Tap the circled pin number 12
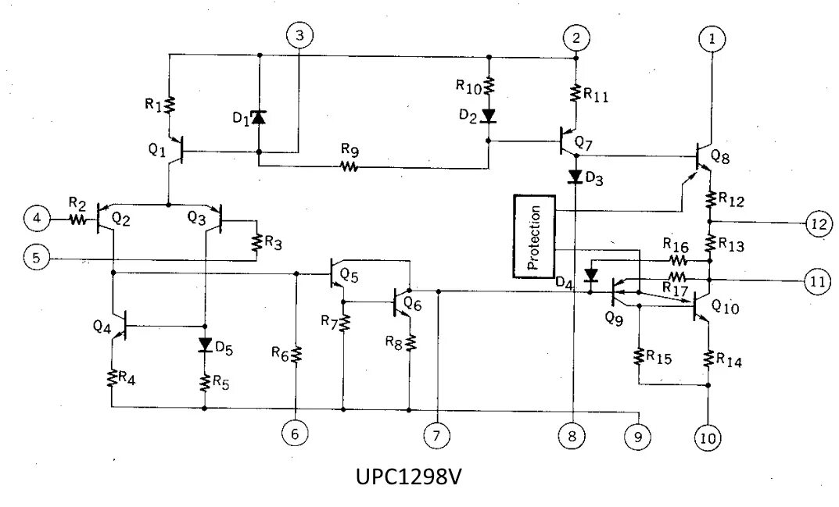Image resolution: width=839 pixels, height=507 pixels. [x=817, y=223]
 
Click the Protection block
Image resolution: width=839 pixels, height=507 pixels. [x=534, y=237]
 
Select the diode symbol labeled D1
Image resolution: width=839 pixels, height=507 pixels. [x=259, y=119]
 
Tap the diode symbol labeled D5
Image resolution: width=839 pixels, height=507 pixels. [x=205, y=345]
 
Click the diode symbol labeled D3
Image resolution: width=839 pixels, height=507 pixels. [x=575, y=177]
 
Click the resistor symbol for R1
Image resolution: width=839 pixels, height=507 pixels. [x=170, y=104]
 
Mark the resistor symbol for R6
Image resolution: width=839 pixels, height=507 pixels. [x=296, y=355]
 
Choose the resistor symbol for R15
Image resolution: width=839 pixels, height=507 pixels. [x=640, y=356]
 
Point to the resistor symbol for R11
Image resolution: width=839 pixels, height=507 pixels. [x=575, y=94]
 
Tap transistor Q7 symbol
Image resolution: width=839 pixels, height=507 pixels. [x=568, y=141]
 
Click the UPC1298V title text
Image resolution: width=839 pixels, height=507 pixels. [x=411, y=477]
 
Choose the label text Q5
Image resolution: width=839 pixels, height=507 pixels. [x=350, y=277]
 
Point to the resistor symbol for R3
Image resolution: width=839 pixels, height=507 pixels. [x=255, y=243]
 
